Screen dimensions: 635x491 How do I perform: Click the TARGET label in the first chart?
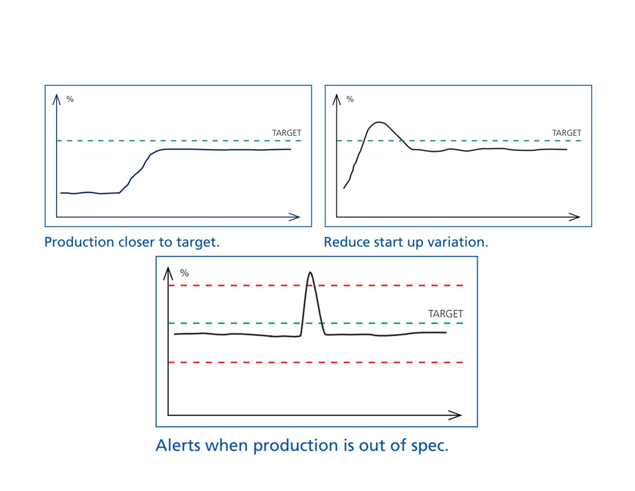[286, 133]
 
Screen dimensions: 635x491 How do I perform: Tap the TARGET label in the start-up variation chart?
[566, 133]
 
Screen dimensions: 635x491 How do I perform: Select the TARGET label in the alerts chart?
[445, 314]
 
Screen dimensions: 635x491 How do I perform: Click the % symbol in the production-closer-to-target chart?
[70, 99]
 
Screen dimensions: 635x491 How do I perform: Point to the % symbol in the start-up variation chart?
[350, 99]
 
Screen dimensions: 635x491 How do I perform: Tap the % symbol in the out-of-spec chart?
[184, 273]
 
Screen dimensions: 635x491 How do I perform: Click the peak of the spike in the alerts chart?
[310, 273]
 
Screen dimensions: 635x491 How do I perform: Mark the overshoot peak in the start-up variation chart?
[379, 122]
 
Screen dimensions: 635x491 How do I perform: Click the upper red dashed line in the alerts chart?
[316, 285]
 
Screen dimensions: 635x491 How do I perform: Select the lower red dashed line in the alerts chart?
[316, 362]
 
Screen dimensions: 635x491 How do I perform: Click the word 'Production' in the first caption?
[79, 242]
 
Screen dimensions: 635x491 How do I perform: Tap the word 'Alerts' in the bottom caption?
[178, 445]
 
